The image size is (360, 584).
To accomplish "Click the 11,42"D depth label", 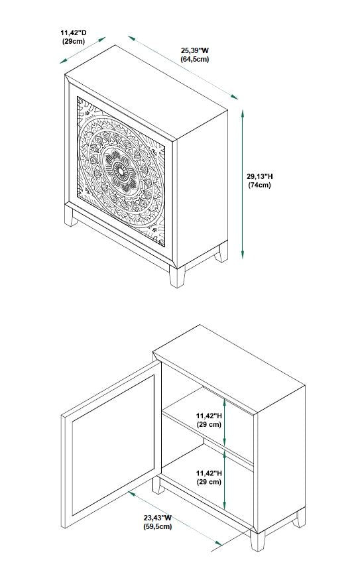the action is coord(74,33).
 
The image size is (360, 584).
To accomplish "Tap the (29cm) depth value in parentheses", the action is coord(74,41).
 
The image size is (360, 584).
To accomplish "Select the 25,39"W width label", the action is coord(194,50).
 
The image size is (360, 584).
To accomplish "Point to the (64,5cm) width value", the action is coord(194,59).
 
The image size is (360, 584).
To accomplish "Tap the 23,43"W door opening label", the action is coord(157,517).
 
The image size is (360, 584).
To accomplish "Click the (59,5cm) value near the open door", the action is coord(157,526).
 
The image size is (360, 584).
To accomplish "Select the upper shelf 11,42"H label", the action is coord(209,415).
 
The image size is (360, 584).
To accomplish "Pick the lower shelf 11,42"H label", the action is coord(209,473).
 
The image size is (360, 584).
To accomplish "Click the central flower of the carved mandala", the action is coord(121,171).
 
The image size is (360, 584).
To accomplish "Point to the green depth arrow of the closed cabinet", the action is coord(83,50).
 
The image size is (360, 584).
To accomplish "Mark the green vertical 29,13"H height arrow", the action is coord(243,184).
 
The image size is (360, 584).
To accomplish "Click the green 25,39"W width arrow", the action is coord(182,68).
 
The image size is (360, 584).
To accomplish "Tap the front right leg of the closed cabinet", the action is coord(178,276).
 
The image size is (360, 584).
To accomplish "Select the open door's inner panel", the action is coord(113,445).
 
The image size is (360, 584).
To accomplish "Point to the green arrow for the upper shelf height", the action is coord(225,422).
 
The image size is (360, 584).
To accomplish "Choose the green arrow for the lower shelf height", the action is coord(225,481).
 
